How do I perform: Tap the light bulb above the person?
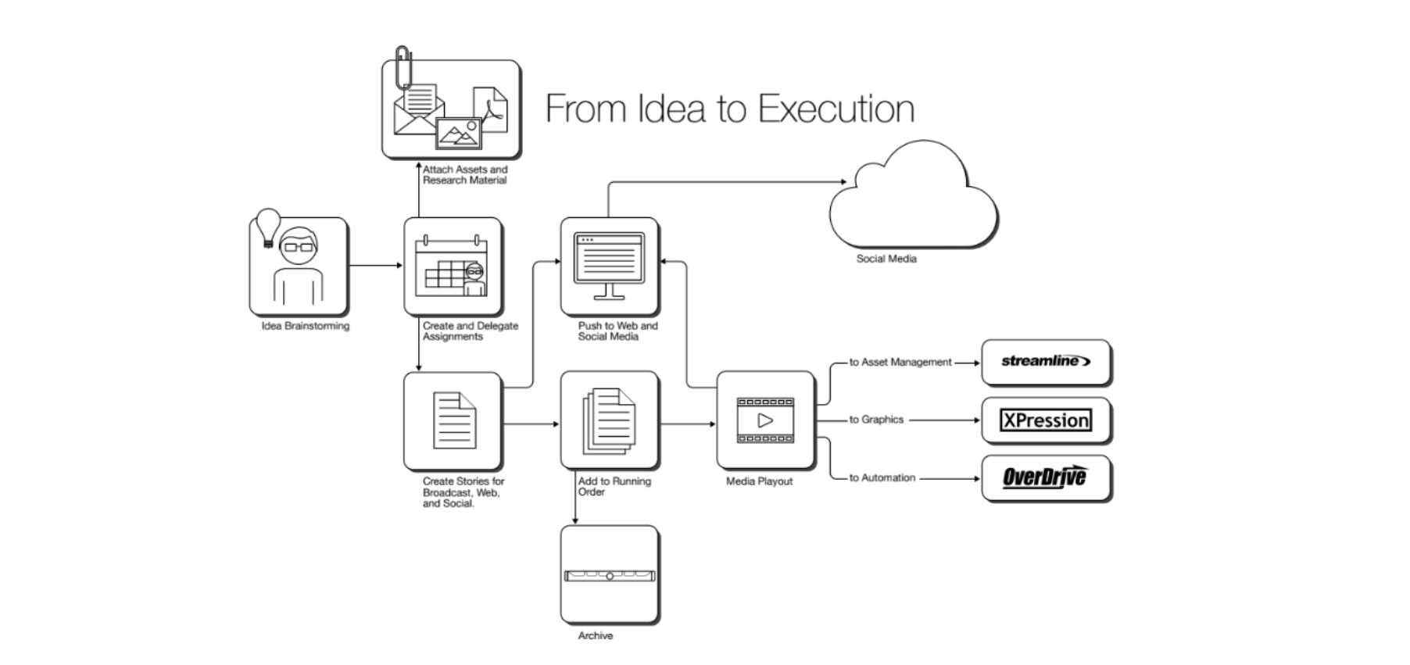pyautogui.click(x=268, y=226)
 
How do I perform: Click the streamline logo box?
pyautogui.click(x=1046, y=362)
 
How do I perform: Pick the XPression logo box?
pyautogui.click(x=1046, y=420)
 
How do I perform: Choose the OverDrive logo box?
pyautogui.click(x=1046, y=477)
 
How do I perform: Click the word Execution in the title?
pyautogui.click(x=836, y=109)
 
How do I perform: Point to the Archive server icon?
pyautogui.click(x=610, y=576)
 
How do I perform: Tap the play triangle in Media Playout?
pyautogui.click(x=765, y=420)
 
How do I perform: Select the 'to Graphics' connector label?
pyautogui.click(x=876, y=420)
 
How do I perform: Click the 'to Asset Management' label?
pyautogui.click(x=900, y=362)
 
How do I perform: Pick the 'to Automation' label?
pyautogui.click(x=882, y=477)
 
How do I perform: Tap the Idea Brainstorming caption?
pyautogui.click(x=306, y=326)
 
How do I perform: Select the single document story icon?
pyautogui.click(x=454, y=420)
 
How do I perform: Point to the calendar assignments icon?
pyautogui.click(x=453, y=266)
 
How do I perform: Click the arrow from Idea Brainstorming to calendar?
pyautogui.click(x=375, y=266)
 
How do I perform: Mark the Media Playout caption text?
pyautogui.click(x=759, y=481)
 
